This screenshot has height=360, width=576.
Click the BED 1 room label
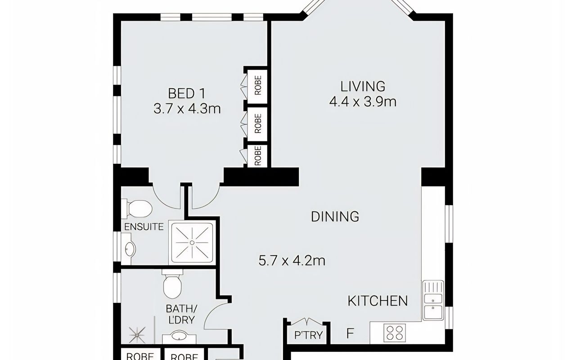pos(187,93)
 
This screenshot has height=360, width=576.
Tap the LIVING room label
pos(363,86)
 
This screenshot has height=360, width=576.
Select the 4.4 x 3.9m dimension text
pos(363,102)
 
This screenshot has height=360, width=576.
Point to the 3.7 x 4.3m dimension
pos(187,109)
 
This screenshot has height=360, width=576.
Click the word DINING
pos(335,216)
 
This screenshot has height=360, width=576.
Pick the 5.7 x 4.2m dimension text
pos(292,261)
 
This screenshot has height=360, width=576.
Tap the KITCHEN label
pos(378,301)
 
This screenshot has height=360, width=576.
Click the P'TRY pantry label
pos(308,335)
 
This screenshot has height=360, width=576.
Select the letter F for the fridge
pos(350,333)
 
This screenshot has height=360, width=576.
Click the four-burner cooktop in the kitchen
pos(395,333)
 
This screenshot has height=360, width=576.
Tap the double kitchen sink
pos(433,300)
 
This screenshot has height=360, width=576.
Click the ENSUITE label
pos(144,227)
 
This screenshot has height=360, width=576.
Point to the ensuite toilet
pos(137,208)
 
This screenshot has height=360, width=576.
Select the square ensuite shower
pos(192,243)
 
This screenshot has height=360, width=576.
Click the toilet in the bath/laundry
pos(172,284)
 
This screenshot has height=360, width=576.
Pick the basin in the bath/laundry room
pos(179,337)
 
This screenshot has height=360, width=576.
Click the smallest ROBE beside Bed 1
pos(257,156)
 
